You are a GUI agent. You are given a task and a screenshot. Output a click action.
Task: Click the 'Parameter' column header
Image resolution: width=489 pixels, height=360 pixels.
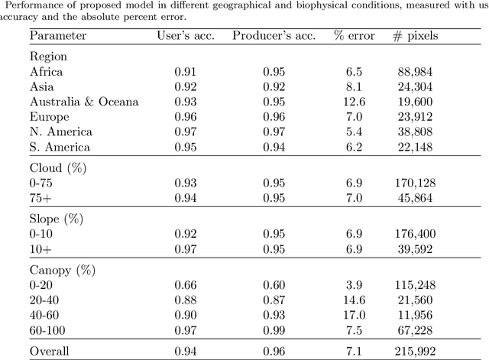[x=58, y=36]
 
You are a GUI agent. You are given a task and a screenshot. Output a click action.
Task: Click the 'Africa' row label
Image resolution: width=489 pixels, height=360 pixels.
[x=46, y=73]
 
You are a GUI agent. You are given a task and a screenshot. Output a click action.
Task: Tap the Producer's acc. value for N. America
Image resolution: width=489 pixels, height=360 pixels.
[x=274, y=132]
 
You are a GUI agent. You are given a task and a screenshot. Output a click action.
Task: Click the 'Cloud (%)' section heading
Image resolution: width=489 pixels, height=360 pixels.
[x=57, y=167]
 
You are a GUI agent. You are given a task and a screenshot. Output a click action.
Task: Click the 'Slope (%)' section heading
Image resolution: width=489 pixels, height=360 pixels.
[x=57, y=219]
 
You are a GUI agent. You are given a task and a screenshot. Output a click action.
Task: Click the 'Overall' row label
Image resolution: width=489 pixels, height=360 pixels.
[x=50, y=351]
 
